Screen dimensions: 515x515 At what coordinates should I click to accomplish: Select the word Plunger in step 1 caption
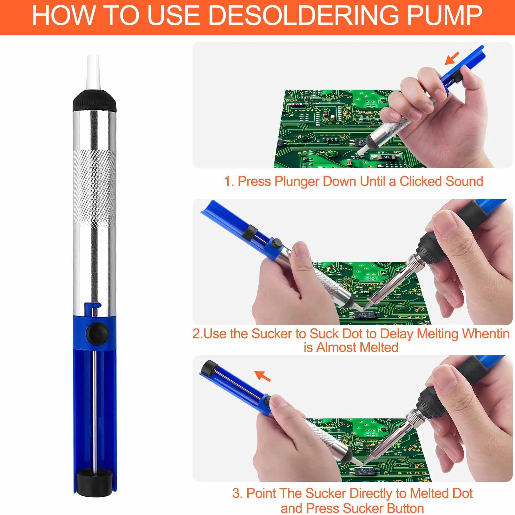click(297, 182)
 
